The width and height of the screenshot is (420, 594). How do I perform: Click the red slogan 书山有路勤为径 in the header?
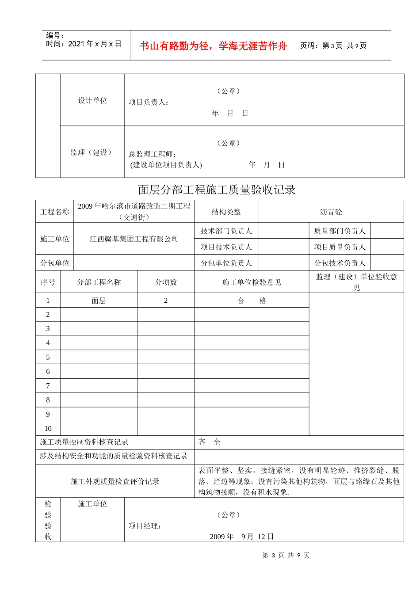point(214,46)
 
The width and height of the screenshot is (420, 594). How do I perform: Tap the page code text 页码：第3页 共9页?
point(333,46)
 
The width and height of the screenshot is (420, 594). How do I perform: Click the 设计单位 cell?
point(92,100)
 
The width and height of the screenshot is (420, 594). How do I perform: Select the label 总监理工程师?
point(153,154)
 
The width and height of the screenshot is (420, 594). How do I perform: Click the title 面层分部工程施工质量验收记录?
point(217,190)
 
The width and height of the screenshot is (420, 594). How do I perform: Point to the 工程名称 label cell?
point(55,212)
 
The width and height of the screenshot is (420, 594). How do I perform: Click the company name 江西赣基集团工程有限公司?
point(134,239)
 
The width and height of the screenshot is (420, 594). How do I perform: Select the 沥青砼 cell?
point(331,212)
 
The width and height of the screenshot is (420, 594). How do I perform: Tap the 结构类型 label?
point(226,212)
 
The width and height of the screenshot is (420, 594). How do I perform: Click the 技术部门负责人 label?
point(226,231)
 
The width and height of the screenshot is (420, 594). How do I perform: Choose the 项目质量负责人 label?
point(340,247)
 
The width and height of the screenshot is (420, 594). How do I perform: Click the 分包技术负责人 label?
point(340,263)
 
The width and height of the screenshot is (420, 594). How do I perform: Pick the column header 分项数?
point(166,282)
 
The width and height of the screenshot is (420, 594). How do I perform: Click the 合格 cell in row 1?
point(252,301)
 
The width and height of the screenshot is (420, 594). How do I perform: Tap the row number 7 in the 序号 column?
point(48,386)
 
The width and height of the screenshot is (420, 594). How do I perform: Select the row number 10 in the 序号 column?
point(48,428)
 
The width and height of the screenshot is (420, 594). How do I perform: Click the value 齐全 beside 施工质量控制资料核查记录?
point(209,442)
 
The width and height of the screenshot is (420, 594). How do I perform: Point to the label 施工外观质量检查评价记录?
point(115,481)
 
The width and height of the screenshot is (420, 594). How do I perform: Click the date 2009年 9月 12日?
point(241,537)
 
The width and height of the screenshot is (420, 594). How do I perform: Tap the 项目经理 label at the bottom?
point(145,526)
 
